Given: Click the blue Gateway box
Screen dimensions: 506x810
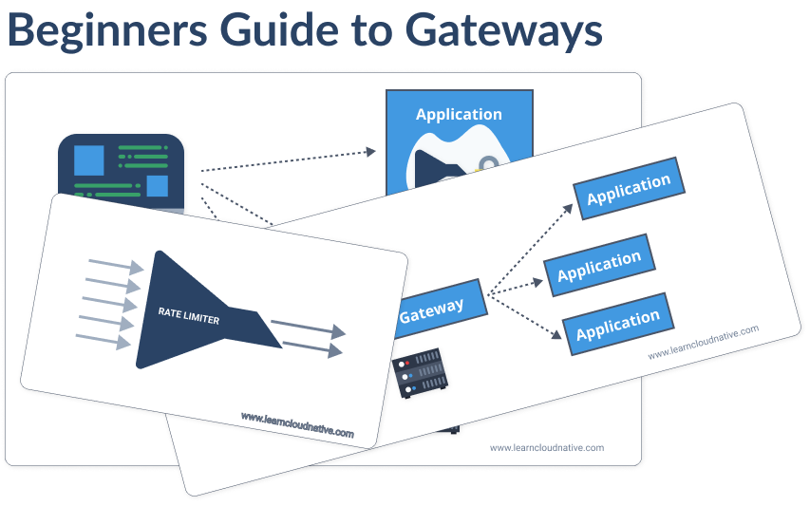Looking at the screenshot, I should point(432,307).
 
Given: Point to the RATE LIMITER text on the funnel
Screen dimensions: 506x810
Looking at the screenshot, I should point(189,317).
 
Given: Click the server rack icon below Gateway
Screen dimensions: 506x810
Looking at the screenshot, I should point(421,373).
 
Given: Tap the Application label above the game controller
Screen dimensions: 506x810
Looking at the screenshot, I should point(459,114).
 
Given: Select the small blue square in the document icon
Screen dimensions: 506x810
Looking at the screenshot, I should point(157,185).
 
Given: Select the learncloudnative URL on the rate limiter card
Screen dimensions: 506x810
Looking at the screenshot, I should point(296,425).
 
